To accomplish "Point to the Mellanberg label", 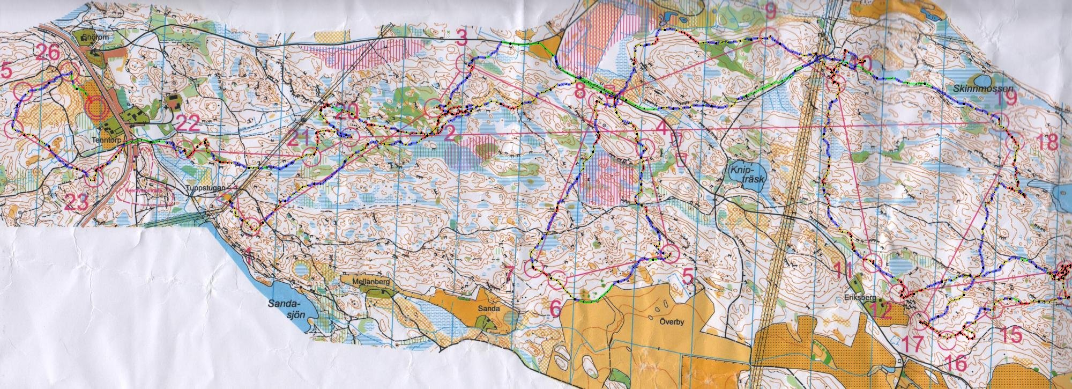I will pos(369,281).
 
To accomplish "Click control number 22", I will pos(188,124).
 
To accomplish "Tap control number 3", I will pos(462,38).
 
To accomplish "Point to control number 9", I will pos(771,11).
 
